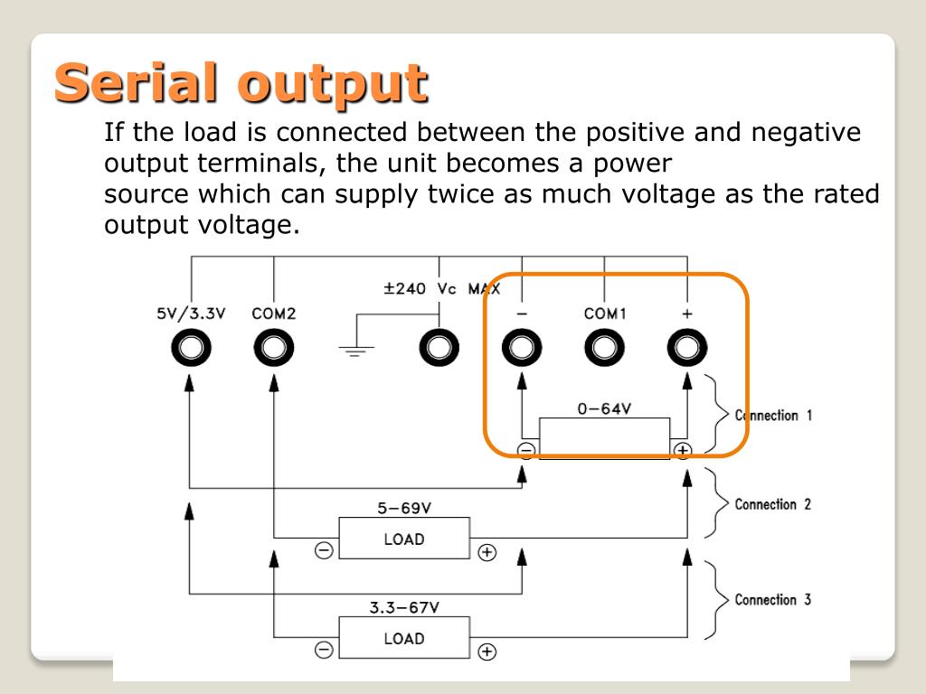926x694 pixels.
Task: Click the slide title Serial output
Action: tap(240, 84)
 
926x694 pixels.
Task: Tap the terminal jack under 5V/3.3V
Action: tap(191, 347)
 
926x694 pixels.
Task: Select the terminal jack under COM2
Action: tap(273, 347)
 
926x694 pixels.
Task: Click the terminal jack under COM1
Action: tap(605, 347)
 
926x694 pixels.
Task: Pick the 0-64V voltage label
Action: tap(604, 408)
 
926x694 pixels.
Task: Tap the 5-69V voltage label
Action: tap(404, 509)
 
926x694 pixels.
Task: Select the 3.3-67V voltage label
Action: tap(404, 608)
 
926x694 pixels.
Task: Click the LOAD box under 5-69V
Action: tap(404, 539)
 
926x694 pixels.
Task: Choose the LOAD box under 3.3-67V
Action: tap(404, 639)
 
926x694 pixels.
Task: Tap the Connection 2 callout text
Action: tap(773, 504)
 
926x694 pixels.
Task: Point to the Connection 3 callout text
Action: tap(773, 599)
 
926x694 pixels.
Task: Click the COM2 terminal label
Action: tap(273, 314)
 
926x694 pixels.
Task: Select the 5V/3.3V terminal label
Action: tap(191, 314)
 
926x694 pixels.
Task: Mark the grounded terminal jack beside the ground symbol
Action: tap(439, 347)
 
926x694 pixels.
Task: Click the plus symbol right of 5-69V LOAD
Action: tap(487, 552)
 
